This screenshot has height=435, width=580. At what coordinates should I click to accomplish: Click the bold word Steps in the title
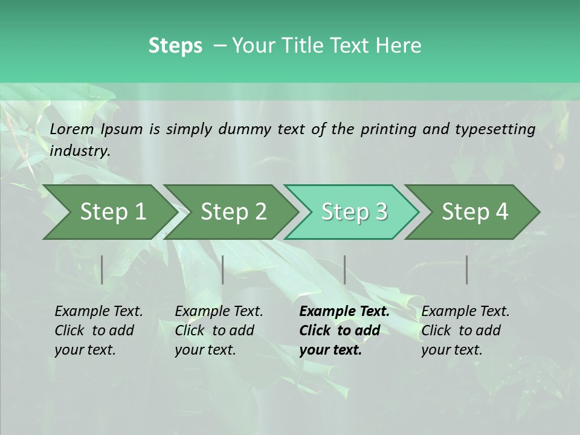click(175, 46)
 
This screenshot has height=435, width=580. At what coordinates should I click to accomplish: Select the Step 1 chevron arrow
click(112, 212)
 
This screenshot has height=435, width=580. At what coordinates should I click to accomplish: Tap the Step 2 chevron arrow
click(233, 212)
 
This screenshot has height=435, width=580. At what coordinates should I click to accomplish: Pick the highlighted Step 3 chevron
click(353, 212)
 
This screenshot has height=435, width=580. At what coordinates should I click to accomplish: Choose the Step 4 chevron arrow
click(474, 212)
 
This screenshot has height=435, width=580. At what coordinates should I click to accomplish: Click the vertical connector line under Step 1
click(102, 269)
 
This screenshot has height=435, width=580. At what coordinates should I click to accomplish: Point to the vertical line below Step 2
click(223, 269)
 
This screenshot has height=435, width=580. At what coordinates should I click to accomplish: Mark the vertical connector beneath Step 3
click(345, 269)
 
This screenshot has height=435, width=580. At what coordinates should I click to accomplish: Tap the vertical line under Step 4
click(467, 269)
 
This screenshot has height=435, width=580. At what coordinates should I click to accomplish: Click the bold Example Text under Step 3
click(344, 312)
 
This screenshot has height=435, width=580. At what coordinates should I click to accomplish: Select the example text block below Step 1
click(98, 330)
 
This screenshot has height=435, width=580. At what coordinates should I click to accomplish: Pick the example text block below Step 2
click(219, 330)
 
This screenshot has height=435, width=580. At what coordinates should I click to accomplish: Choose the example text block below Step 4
click(465, 330)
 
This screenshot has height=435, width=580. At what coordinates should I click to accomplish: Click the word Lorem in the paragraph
click(72, 129)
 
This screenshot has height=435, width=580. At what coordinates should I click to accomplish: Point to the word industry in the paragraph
click(80, 151)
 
